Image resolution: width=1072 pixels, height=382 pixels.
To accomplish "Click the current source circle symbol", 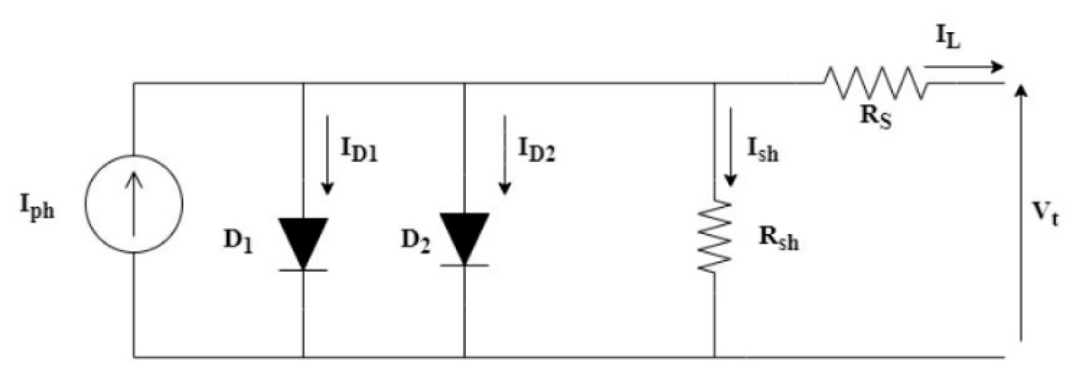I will pyautogui.click(x=134, y=204).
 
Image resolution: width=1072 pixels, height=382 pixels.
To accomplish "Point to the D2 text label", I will pyautogui.click(x=416, y=241).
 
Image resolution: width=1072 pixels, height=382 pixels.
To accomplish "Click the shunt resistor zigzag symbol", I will pyautogui.click(x=714, y=237).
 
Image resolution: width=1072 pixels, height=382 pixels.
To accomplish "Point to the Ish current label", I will pyautogui.click(x=762, y=150).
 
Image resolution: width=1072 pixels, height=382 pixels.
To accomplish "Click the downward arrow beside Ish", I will pyautogui.click(x=730, y=147).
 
